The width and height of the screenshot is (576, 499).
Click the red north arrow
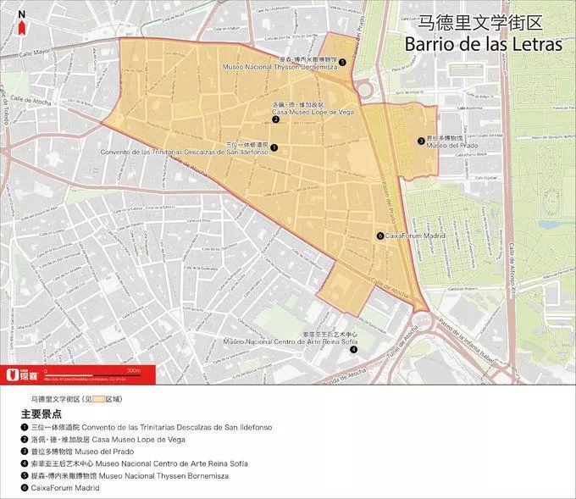(x=21, y=26)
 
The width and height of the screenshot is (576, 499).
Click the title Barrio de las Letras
(x=483, y=44)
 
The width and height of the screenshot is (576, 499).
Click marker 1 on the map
(x=274, y=147)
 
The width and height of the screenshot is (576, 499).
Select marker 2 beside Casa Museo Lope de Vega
(x=276, y=119)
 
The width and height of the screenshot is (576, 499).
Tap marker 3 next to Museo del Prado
(x=420, y=141)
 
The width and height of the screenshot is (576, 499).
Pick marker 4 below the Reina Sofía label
(x=353, y=349)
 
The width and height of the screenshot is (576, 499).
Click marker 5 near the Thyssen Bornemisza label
(x=342, y=62)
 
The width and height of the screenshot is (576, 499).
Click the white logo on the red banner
(x=13, y=374)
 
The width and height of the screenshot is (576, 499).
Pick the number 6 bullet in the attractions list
(x=25, y=488)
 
